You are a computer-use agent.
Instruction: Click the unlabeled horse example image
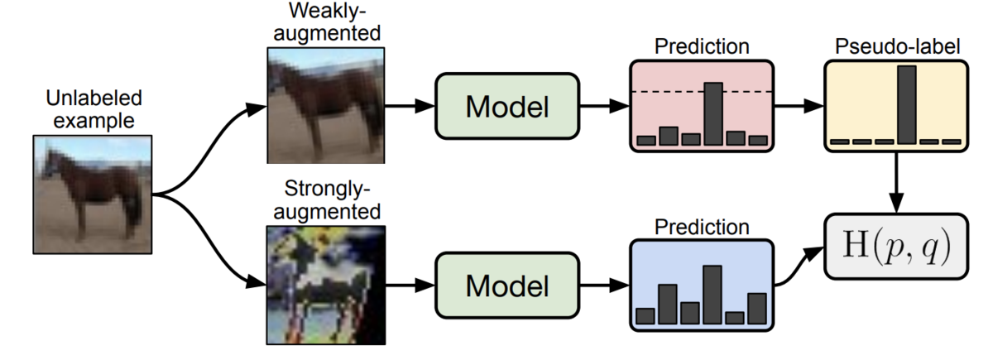[x=93, y=194]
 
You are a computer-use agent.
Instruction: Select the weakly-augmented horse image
[x=326, y=106]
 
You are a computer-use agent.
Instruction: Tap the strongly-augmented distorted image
[x=326, y=285]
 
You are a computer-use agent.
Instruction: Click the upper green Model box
[x=507, y=107]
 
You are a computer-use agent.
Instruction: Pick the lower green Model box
[x=507, y=286]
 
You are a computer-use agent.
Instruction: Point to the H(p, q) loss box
[x=896, y=247]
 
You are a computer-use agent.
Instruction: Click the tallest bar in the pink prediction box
[x=713, y=114]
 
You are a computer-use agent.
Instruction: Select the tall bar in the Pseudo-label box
[x=907, y=105]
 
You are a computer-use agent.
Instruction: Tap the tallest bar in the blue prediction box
[x=712, y=295]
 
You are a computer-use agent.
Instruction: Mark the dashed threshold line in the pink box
[x=702, y=92]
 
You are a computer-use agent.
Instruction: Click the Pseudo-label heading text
[x=897, y=46]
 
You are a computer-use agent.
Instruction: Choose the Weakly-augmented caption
[x=327, y=22]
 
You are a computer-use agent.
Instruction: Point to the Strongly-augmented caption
[x=327, y=200]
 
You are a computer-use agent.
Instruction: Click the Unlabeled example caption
[x=94, y=109]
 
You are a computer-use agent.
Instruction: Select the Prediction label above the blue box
[x=702, y=227]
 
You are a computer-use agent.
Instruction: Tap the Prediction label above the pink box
[x=702, y=46]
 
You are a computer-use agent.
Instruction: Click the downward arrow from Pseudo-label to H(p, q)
[x=896, y=183]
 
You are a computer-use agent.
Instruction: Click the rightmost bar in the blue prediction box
[x=757, y=309]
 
